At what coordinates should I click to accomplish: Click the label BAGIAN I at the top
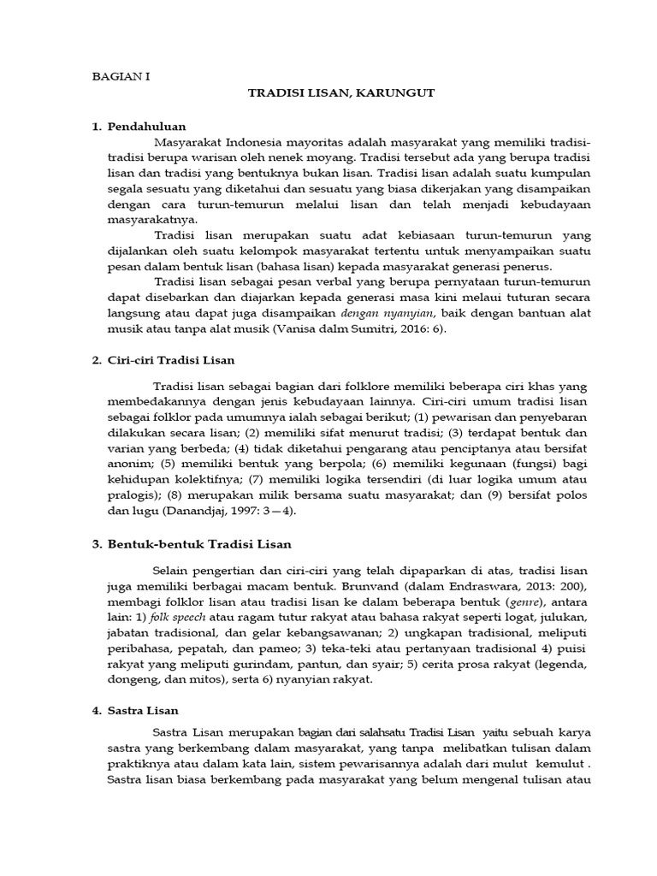click(x=121, y=75)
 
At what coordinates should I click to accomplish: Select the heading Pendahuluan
click(x=146, y=127)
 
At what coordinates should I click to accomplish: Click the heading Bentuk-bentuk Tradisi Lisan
click(x=199, y=543)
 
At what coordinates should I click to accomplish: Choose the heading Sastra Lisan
click(x=143, y=711)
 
